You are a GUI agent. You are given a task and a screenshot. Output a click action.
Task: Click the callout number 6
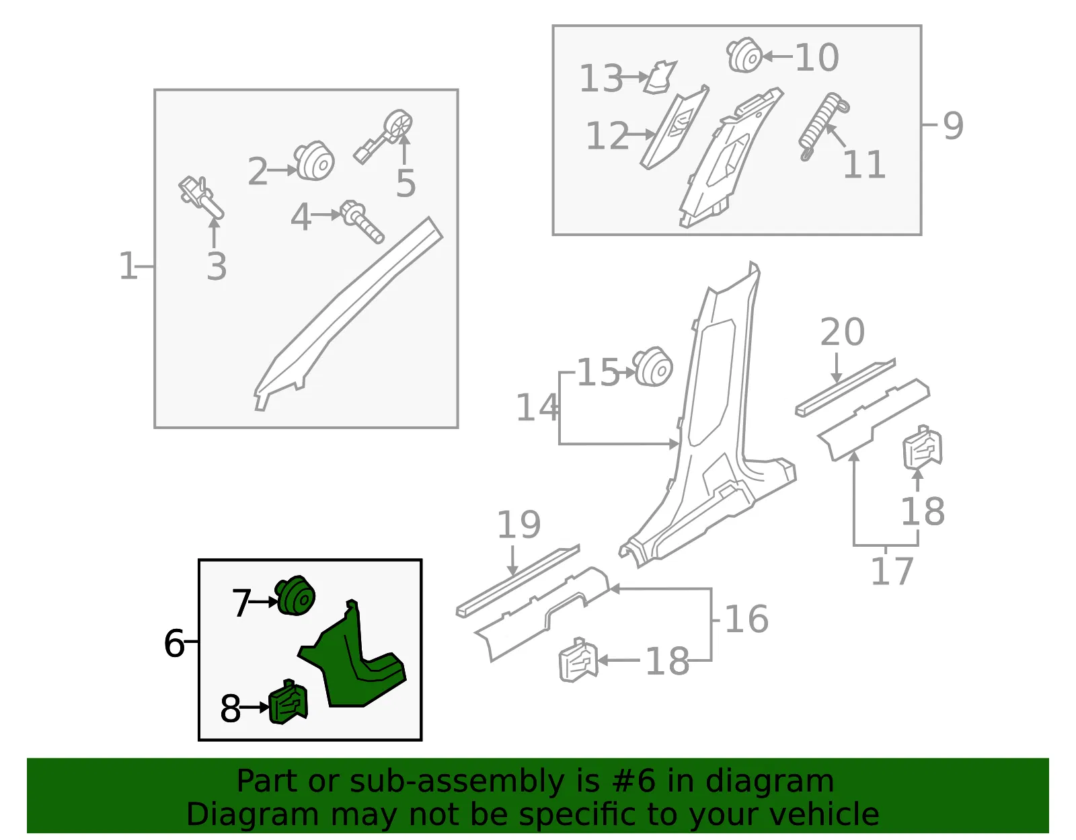pos(174,643)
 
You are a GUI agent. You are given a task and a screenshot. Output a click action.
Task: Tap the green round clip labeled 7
pos(296,595)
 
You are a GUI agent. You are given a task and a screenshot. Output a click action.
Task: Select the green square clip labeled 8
pos(289,702)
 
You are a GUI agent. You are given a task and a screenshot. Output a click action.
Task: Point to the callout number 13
pos(601,78)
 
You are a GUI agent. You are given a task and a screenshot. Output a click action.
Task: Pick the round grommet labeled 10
pos(744,55)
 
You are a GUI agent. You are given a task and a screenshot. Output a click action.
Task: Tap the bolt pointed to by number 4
pos(362,221)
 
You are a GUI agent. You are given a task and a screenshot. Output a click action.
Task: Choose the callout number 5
pos(406,184)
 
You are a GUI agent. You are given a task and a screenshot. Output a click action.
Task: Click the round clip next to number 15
pos(653,367)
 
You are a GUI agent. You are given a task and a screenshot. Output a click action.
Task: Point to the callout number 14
pos(537,408)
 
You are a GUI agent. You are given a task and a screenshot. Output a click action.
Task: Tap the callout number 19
pos(518,524)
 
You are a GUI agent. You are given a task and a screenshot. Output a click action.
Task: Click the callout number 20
pos(842,332)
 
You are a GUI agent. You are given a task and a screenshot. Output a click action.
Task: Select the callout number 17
pos(892,571)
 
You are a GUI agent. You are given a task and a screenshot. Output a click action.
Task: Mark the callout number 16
pos(746,619)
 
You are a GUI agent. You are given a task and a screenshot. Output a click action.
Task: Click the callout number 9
pos(953,125)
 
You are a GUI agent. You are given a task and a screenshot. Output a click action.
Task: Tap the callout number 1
pos(127,266)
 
